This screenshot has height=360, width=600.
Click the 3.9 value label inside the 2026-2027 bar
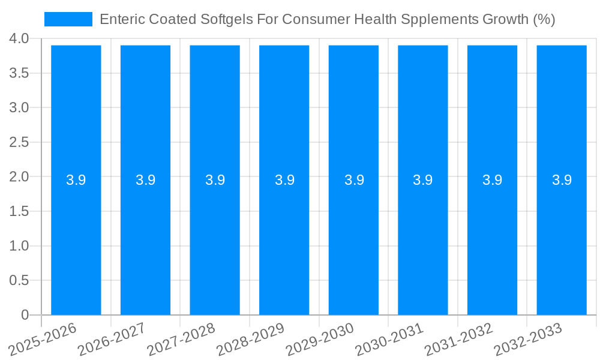145,180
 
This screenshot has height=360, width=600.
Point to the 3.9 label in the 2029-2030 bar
353,180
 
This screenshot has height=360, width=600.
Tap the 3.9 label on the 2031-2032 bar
492,180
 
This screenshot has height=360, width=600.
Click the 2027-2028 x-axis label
181,339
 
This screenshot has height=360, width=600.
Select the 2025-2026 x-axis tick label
43,339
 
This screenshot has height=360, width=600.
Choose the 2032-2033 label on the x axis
528,339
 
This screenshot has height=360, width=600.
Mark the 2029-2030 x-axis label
320,339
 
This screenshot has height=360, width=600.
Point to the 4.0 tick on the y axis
19,39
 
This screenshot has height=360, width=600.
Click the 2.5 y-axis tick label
19,142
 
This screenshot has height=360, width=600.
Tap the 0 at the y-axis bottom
25,315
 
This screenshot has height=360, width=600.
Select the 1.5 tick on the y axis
19,211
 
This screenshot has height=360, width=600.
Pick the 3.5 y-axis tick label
19,73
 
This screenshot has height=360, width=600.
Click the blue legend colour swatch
68,19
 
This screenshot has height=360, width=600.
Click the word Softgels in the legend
225,19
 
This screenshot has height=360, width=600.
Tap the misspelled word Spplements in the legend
438,19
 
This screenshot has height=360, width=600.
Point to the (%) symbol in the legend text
544,19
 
